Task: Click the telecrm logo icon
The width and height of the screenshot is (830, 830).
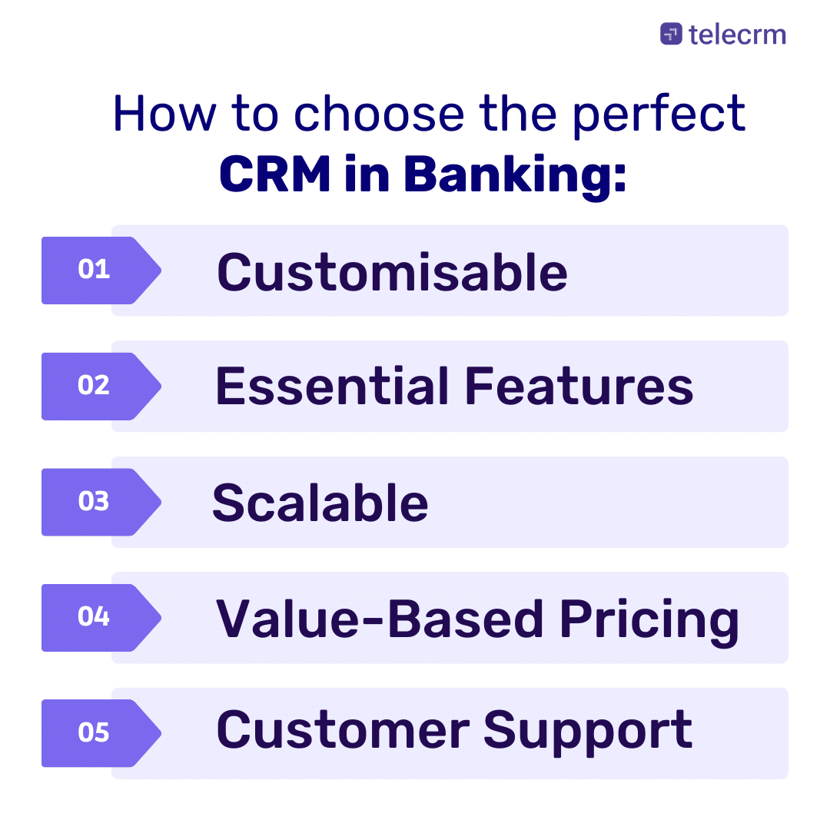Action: point(671,34)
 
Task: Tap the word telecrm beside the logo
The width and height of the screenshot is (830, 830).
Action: point(737,34)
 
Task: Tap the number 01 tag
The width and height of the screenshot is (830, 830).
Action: point(95,271)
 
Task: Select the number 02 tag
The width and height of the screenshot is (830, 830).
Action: point(95,386)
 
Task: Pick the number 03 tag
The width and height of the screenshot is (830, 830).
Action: point(95,502)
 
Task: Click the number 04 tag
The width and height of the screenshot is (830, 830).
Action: point(95,617)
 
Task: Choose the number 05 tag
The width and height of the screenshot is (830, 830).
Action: point(95,733)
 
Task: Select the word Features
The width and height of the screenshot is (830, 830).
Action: point(579,387)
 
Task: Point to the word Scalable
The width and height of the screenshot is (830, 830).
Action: point(320,503)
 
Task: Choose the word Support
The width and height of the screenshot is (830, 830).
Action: point(588,732)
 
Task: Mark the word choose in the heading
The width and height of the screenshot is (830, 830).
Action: point(380,115)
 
